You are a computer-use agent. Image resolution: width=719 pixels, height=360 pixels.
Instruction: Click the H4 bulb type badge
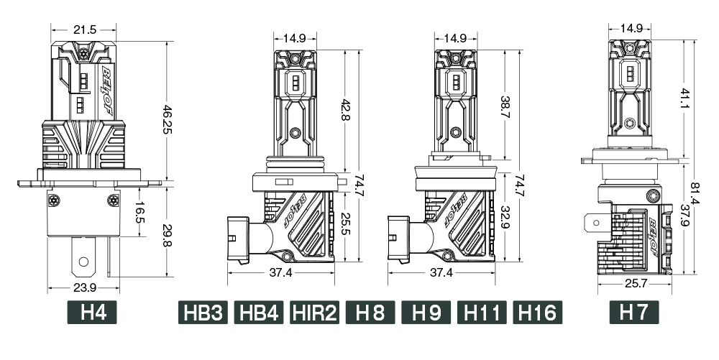tap(92, 313)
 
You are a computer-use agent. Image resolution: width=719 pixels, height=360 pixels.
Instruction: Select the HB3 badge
tap(203, 313)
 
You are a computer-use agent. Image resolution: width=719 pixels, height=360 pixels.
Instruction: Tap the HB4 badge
tap(259, 313)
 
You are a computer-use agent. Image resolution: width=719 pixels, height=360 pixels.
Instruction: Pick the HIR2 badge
tap(315, 313)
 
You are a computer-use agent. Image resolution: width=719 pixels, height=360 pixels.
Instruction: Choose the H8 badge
tap(370, 313)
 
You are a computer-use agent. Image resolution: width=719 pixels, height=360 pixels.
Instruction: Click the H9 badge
tap(426, 313)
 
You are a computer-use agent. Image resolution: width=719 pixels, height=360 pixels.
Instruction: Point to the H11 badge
tap(482, 313)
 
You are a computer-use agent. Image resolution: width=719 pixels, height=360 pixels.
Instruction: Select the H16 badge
tap(537, 313)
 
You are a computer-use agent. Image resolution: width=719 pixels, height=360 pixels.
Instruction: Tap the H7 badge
tap(634, 313)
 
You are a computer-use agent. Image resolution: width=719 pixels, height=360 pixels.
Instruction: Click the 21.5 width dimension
tap(85, 29)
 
